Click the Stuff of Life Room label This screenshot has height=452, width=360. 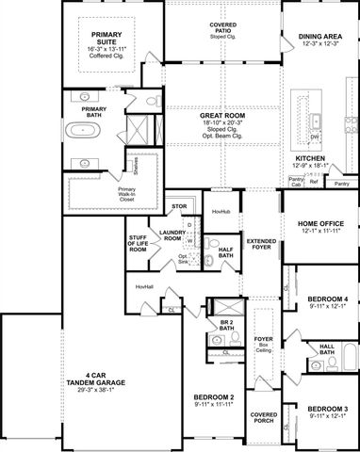(x=139, y=248)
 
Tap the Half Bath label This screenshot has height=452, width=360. (x=226, y=254)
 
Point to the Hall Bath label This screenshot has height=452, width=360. (x=327, y=350)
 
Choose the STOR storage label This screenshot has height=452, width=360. (x=179, y=205)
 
